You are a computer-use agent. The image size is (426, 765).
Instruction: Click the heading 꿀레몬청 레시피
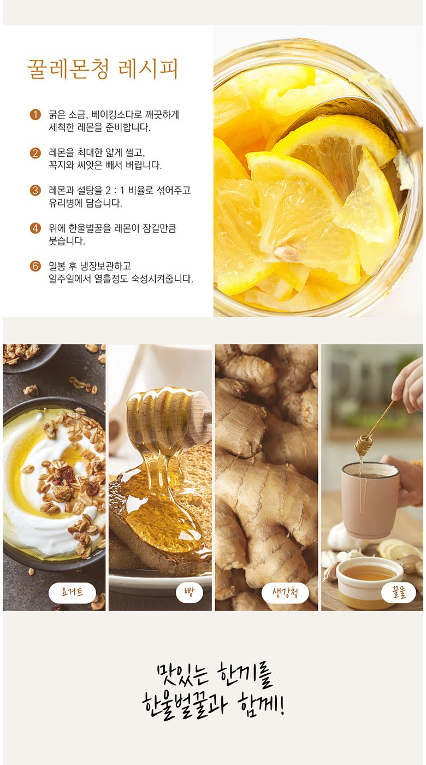click(x=103, y=70)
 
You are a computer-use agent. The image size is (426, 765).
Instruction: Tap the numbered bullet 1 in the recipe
click(x=35, y=115)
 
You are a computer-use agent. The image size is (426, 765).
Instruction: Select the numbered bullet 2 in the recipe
click(x=35, y=152)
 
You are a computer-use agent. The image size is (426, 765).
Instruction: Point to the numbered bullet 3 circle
click(x=35, y=190)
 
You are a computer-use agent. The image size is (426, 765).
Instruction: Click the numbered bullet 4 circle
click(x=35, y=228)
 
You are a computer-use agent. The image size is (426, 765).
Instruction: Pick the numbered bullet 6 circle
click(x=35, y=266)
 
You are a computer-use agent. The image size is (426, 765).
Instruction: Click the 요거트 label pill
click(x=73, y=593)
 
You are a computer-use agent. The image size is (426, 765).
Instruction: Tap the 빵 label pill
click(x=189, y=593)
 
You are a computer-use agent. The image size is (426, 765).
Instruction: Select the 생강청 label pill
click(x=285, y=593)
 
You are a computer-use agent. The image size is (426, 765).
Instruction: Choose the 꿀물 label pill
click(x=398, y=593)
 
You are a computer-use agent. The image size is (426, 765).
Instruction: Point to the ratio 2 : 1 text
click(x=114, y=190)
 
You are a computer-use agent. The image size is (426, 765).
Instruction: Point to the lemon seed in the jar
click(x=286, y=252)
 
